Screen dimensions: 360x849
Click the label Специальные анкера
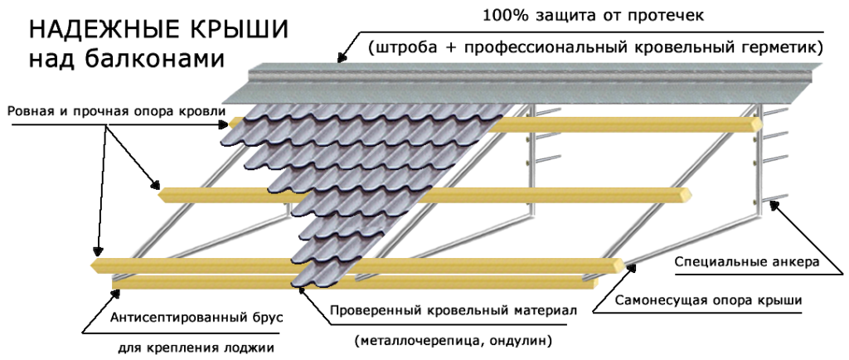click(746, 262)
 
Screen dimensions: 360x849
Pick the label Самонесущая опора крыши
click(707, 299)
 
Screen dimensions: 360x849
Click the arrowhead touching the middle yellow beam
click(157, 187)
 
